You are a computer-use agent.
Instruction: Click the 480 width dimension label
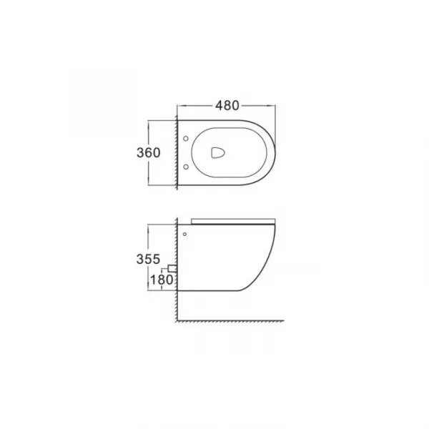(x=227, y=106)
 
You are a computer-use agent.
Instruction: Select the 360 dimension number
(x=148, y=153)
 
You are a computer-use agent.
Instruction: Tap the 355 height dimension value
(x=148, y=259)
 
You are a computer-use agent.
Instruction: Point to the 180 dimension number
(x=162, y=280)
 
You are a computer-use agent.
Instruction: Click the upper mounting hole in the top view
(x=186, y=139)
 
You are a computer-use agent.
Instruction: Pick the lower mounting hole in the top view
(x=186, y=167)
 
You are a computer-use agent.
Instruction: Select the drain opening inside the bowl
(x=218, y=153)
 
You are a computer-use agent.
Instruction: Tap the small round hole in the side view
(x=184, y=235)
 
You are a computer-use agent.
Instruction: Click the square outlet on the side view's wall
(x=172, y=268)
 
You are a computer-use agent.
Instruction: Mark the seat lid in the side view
(x=233, y=222)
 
